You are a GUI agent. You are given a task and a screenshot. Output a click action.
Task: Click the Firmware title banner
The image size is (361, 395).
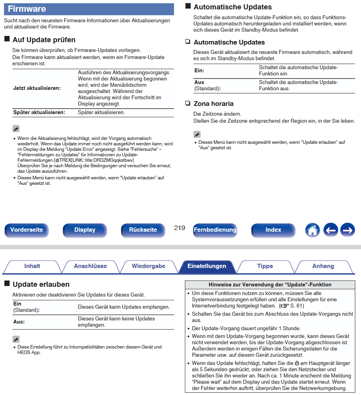tap(89, 9)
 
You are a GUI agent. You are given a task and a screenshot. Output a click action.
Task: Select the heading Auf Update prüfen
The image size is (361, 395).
tap(44, 40)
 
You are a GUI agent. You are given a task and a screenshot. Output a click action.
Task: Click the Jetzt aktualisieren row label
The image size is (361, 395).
tap(37, 88)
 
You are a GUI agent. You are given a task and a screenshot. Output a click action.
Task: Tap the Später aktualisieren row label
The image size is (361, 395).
tap(39, 113)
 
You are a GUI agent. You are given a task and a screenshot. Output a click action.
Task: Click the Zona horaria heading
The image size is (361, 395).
tap(214, 104)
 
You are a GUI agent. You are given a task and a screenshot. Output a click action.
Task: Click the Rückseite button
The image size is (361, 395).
tap(143, 230)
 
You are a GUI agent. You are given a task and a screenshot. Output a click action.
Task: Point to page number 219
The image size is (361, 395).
tap(180, 228)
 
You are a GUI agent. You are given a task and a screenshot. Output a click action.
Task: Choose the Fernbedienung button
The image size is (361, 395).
tap(215, 230)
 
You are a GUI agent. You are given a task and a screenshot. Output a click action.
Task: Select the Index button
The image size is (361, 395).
tap(273, 230)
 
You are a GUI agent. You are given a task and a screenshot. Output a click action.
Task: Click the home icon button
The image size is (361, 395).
tap(312, 230)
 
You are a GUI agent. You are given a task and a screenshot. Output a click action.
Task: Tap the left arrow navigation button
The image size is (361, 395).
tap(330, 230)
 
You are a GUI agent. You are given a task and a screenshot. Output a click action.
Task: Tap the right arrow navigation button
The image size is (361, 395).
tap(347, 230)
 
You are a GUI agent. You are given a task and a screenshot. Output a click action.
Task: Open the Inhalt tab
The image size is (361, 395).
tap(32, 266)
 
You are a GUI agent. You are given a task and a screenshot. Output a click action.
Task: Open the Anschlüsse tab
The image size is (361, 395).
tap(90, 266)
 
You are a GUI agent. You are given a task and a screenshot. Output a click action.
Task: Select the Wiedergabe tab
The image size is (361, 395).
tap(149, 266)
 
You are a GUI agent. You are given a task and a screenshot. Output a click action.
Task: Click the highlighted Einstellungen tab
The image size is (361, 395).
tap(207, 266)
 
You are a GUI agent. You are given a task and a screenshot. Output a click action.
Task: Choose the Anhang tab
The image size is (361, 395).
tap(323, 266)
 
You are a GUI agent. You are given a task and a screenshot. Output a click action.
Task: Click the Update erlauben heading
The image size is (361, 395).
tap(41, 284)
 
